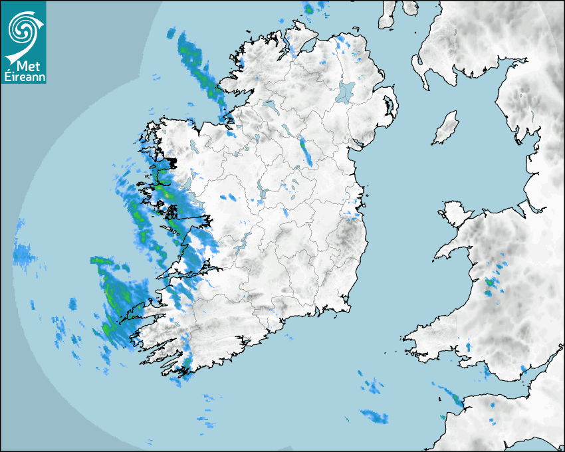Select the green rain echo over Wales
(490, 282)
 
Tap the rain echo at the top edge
(309, 8)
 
